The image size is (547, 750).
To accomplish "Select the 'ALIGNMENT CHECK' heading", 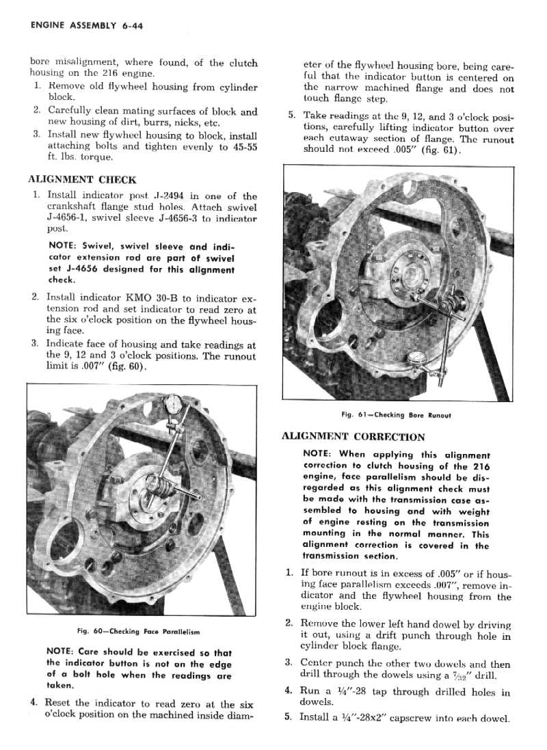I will click(x=82, y=180).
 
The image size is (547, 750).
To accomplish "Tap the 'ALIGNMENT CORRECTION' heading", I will click(x=353, y=436).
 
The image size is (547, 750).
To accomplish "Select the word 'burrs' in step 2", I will click(x=158, y=123).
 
